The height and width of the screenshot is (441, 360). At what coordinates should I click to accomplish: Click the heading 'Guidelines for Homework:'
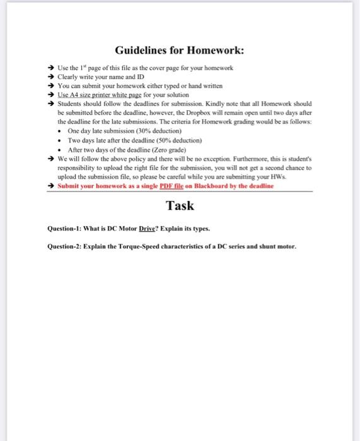[x=180, y=50]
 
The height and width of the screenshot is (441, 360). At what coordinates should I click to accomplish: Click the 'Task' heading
[x=180, y=205]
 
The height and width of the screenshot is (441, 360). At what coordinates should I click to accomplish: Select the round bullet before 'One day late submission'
[x=59, y=129]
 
